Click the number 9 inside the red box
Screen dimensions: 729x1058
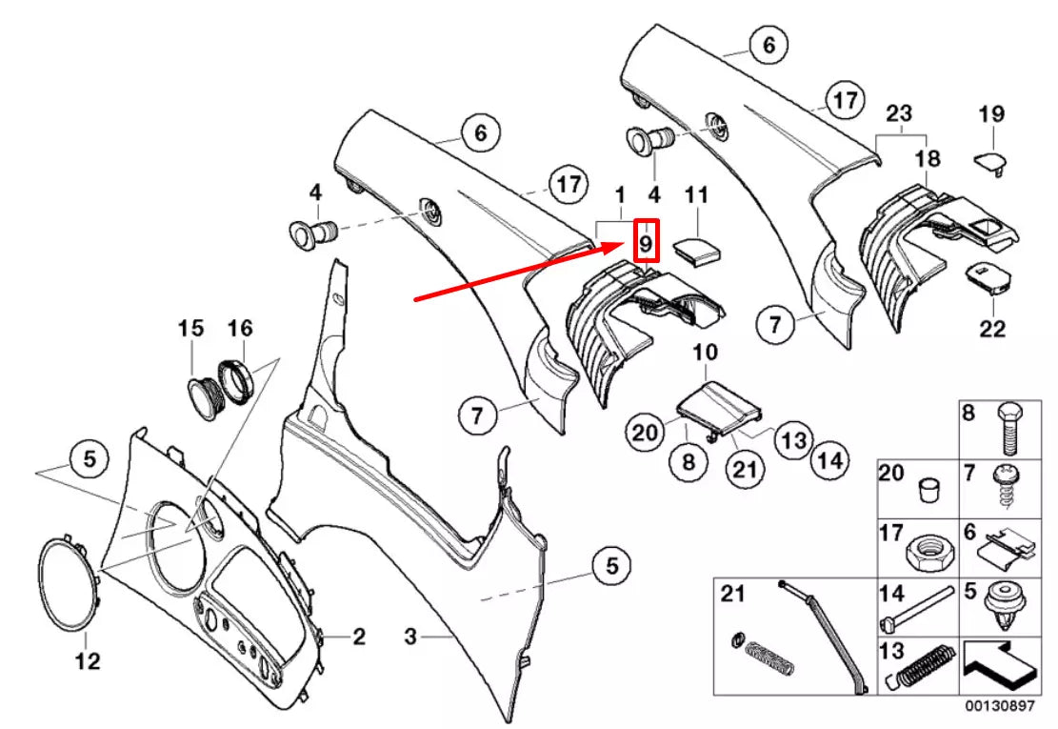tap(647, 242)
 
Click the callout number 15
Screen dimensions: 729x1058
tap(190, 329)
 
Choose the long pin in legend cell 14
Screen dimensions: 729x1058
tap(918, 607)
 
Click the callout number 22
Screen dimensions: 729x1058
tap(992, 329)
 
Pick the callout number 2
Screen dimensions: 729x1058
tap(359, 637)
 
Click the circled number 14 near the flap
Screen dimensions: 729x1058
tap(829, 462)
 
